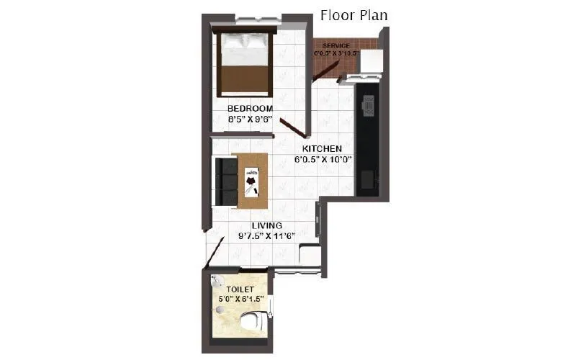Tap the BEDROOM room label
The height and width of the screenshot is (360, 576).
click(x=250, y=108)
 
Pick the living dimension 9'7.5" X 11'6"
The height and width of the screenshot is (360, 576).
click(x=266, y=235)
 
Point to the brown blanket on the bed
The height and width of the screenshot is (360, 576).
click(x=246, y=79)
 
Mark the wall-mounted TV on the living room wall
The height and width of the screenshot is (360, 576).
click(x=318, y=219)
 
